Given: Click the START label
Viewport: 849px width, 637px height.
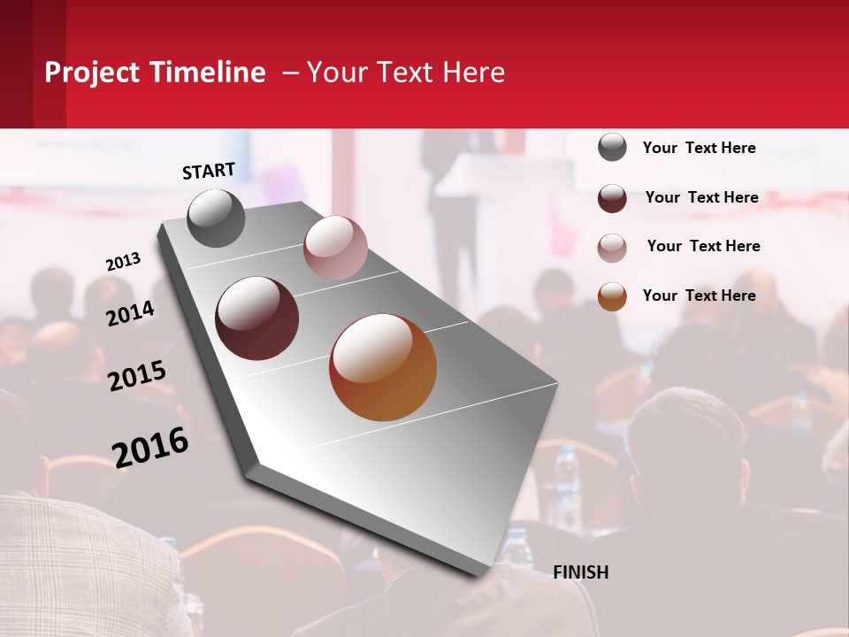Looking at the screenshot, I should [x=209, y=171].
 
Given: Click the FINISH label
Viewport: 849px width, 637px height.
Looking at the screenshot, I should [x=580, y=572].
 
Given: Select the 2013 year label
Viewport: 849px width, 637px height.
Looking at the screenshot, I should [x=123, y=261].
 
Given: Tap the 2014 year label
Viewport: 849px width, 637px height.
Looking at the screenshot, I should [x=131, y=313].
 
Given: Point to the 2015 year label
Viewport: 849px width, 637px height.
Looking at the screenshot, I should [x=137, y=375].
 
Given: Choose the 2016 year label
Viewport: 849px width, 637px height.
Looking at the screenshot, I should [x=150, y=448].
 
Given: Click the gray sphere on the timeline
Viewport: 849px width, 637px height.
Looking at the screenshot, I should [x=216, y=219].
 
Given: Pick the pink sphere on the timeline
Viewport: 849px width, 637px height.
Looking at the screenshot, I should [x=335, y=248].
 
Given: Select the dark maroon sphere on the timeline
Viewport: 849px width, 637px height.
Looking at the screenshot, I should [x=257, y=318].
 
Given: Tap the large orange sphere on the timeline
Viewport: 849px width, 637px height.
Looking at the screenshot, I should [x=383, y=367].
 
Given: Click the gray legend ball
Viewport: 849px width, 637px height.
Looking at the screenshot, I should [x=612, y=147].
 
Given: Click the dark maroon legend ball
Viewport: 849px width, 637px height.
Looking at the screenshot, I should [x=612, y=198].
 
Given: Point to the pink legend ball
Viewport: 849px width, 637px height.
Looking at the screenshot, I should [x=612, y=248].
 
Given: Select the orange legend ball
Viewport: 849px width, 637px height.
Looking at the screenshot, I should [x=612, y=296].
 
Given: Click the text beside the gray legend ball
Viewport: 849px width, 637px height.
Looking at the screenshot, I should [x=699, y=148].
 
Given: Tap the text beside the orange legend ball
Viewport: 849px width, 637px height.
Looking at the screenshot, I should [x=699, y=295].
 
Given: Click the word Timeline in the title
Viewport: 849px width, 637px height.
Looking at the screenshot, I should [x=209, y=73].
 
